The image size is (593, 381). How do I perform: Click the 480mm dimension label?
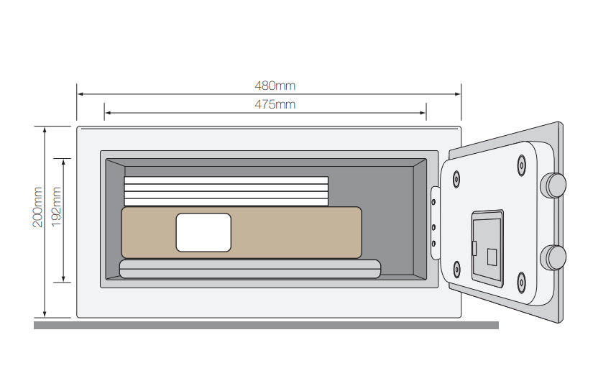tap(275, 86)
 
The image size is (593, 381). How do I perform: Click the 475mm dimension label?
tap(275, 104)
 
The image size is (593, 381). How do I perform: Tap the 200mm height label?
tap(38, 207)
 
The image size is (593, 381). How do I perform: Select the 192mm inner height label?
tap(56, 207)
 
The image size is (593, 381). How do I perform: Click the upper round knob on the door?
tap(553, 185)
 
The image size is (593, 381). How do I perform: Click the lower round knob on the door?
tap(553, 257)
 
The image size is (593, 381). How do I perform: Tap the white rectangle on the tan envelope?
tap(203, 232)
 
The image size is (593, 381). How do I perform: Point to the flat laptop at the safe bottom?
tap(250, 269)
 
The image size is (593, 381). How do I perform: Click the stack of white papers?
tap(226, 191)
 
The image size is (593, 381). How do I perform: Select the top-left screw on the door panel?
tap(456, 179)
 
